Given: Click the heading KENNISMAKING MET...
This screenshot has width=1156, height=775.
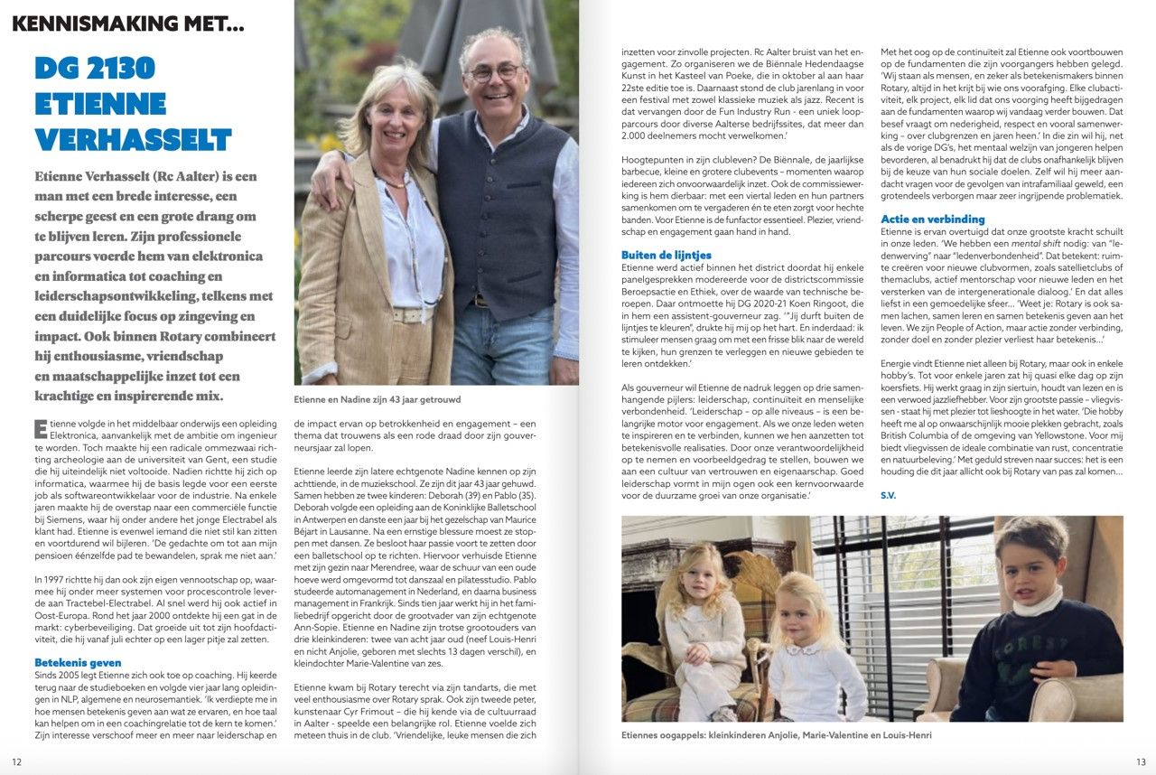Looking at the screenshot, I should click(127, 24).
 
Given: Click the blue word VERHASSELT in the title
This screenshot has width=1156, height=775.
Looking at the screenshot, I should click(134, 139).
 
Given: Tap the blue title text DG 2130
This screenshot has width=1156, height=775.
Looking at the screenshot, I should click(95, 68).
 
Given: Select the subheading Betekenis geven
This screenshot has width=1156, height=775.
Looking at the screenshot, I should click(77, 662).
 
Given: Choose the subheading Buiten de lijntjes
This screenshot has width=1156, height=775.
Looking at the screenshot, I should click(667, 256).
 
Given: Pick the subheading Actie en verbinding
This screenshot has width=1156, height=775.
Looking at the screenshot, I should click(933, 219).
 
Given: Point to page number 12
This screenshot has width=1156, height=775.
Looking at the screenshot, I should click(17, 761).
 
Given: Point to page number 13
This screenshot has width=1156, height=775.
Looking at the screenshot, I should click(1140, 761).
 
